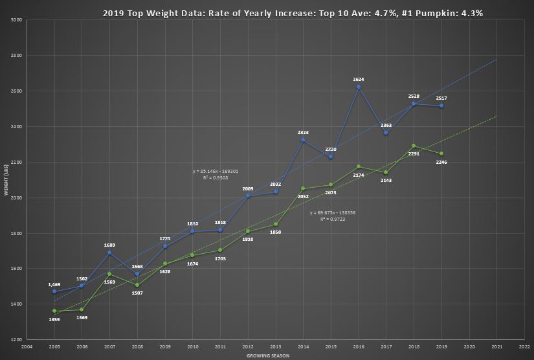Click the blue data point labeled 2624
[x=359, y=87]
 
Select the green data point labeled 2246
[x=441, y=153]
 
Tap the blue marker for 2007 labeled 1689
[x=109, y=253]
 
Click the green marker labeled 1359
[x=54, y=311]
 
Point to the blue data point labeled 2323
[x=303, y=140]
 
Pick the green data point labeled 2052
[x=303, y=188]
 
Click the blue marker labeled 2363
[x=386, y=133]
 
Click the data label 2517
[x=441, y=98]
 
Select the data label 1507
[x=137, y=293]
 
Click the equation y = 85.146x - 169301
[x=216, y=171]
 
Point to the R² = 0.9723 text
[x=332, y=219]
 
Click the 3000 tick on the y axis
[x=17, y=20]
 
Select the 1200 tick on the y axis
[x=17, y=339]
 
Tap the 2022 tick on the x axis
[x=524, y=346]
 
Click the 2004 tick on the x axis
[x=27, y=346]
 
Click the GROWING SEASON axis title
[x=267, y=355]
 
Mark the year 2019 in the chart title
[x=114, y=13]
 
